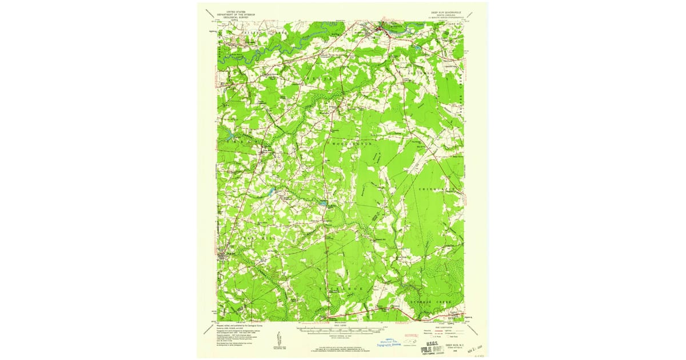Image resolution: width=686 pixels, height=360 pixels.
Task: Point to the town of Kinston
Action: tap(382, 27)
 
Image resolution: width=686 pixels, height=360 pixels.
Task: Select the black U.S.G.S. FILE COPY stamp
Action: tap(426, 344)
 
